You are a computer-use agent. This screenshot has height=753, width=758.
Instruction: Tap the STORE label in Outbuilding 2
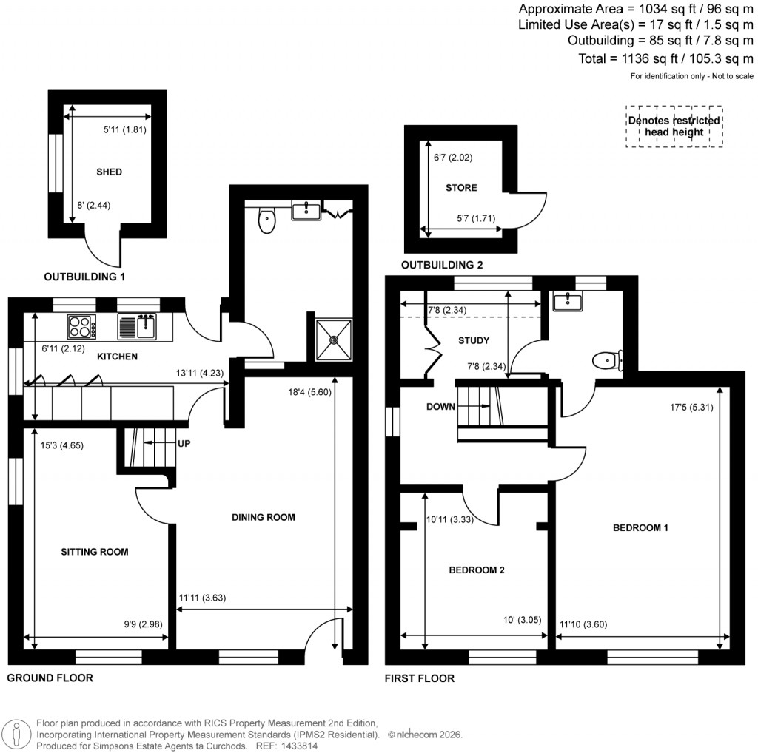click(x=461, y=188)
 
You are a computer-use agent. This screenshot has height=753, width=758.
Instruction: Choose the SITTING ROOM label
click(x=95, y=552)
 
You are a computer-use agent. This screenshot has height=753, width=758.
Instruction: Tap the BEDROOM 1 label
click(x=640, y=528)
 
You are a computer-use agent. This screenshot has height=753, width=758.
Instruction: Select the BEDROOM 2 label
click(x=477, y=570)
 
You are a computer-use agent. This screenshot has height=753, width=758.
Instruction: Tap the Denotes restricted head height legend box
click(x=674, y=126)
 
